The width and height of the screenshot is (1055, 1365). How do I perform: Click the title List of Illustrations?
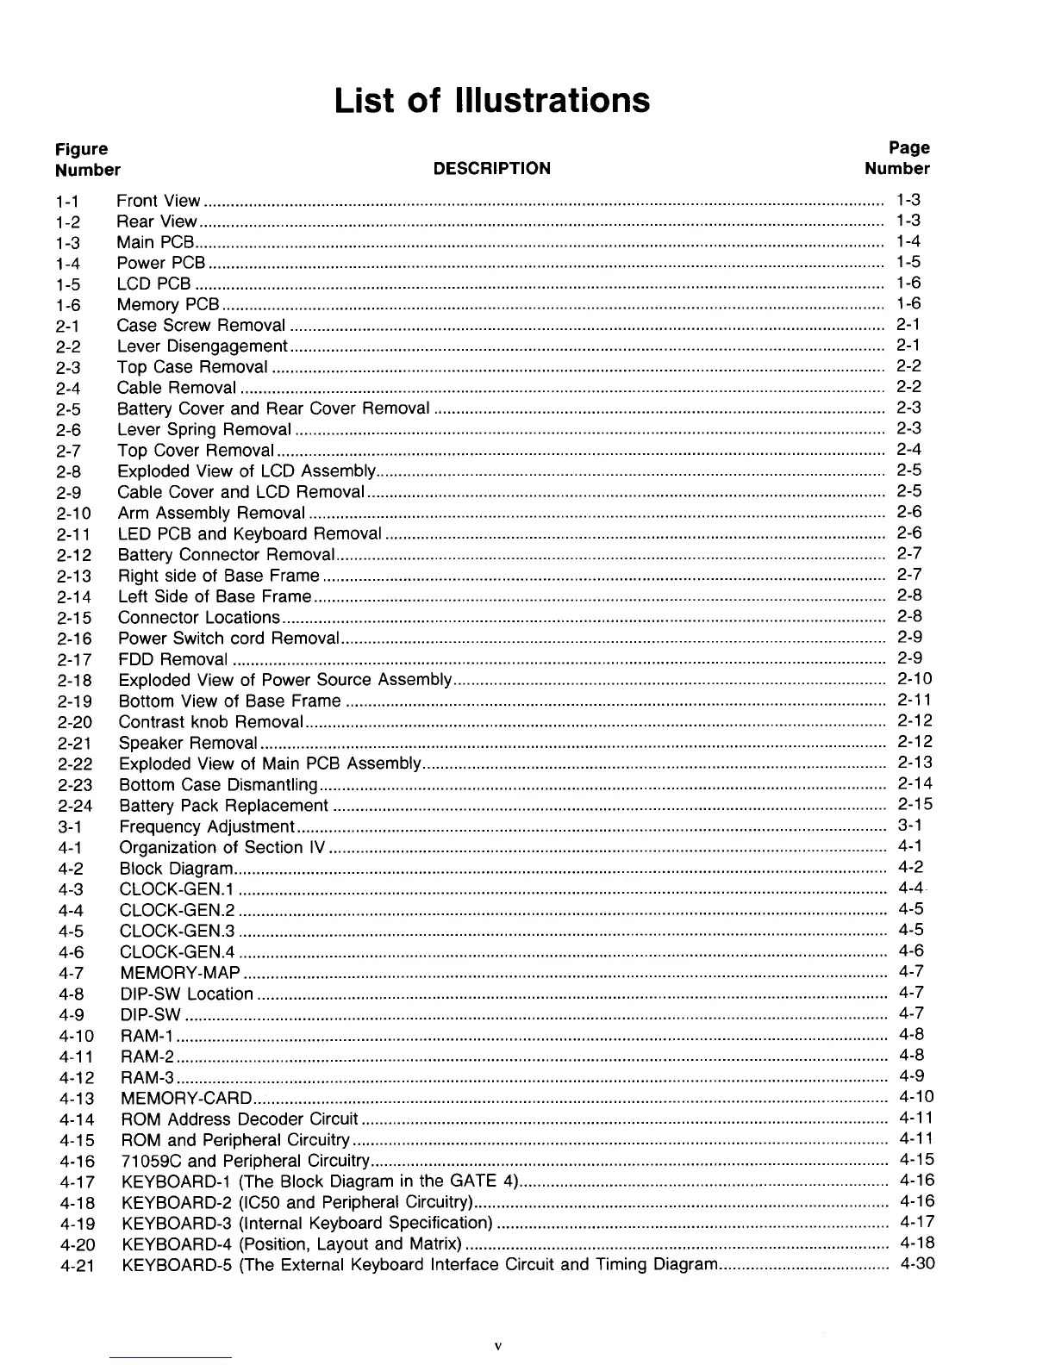click(491, 100)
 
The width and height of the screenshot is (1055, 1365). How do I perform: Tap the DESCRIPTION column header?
click(491, 168)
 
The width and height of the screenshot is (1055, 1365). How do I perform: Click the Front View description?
click(158, 201)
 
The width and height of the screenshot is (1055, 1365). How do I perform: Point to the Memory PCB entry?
click(168, 304)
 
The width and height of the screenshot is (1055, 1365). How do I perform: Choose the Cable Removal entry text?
click(176, 388)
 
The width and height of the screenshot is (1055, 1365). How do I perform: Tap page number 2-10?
click(915, 679)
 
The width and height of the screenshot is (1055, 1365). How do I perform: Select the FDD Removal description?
click(172, 659)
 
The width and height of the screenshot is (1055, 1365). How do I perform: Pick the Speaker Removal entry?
click(188, 743)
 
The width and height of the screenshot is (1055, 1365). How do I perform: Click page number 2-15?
click(915, 804)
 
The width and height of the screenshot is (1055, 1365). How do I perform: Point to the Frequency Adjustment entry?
click(206, 826)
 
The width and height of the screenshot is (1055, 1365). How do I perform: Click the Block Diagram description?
click(176, 869)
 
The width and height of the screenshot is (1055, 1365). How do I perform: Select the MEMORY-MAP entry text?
click(179, 973)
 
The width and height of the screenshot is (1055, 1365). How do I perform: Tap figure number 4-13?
click(77, 1099)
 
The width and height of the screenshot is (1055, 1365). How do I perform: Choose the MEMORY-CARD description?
click(186, 1098)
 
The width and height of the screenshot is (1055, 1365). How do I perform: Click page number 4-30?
click(916, 1264)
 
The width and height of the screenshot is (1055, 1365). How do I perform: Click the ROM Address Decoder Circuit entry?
click(240, 1119)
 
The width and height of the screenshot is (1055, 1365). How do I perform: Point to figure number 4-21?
click(77, 1266)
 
